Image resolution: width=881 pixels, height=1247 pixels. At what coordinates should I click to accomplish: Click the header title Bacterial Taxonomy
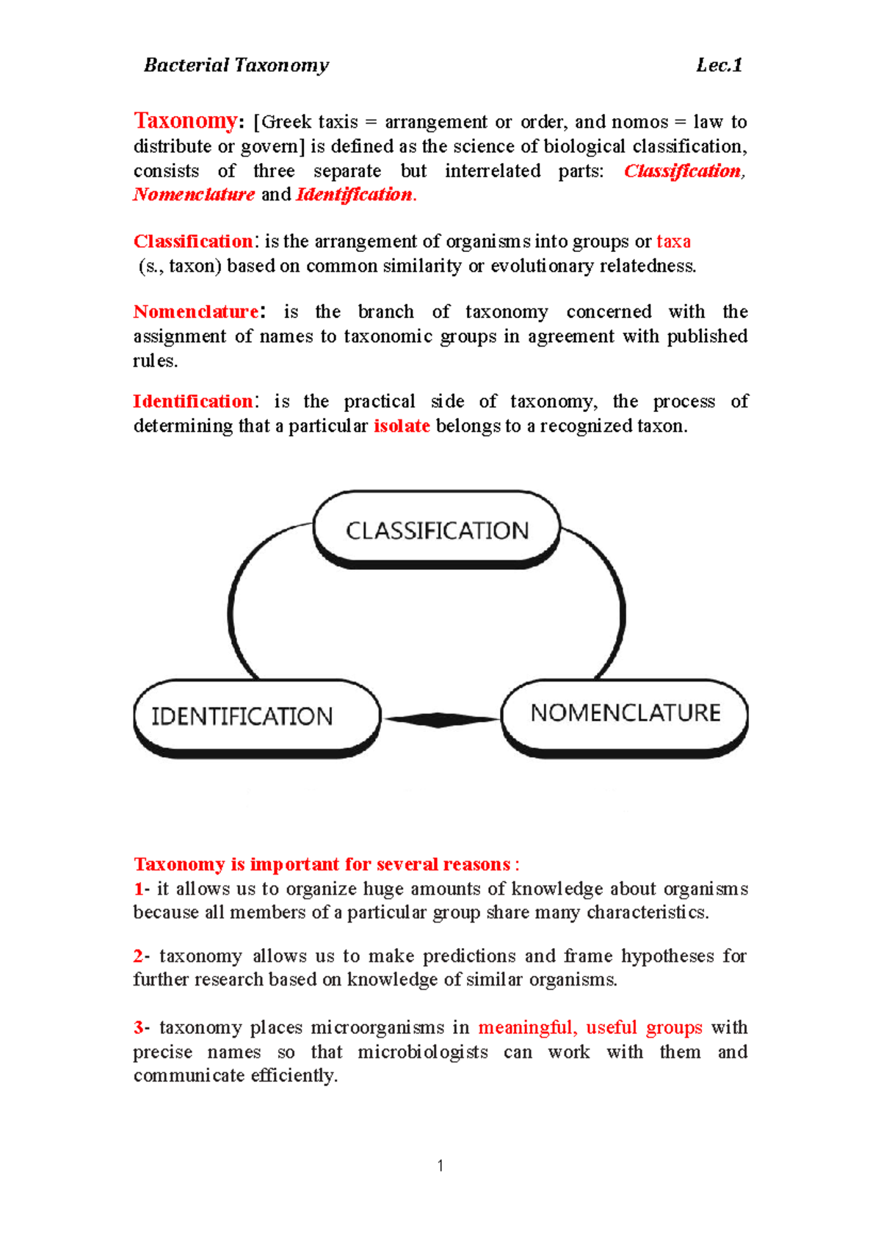coord(236,65)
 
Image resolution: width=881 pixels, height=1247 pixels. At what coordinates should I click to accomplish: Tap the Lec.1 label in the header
coord(719,65)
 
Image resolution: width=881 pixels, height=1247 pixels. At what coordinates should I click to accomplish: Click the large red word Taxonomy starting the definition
coord(185,120)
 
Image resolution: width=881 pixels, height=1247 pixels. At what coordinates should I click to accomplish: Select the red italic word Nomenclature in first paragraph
coord(194,195)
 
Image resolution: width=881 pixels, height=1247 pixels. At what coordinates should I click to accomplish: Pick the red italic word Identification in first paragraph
coord(355,195)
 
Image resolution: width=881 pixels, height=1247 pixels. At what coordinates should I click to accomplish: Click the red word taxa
coord(673,242)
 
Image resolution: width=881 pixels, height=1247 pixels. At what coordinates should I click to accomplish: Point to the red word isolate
coord(402,426)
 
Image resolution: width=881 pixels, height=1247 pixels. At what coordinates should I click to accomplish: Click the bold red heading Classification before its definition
coord(193,242)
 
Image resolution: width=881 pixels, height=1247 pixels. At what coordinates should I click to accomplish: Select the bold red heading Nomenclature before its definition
coord(195,312)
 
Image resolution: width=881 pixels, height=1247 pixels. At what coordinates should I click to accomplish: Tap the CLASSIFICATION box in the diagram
coord(437,530)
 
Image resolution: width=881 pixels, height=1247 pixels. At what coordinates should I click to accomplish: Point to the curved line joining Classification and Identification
coord(236,588)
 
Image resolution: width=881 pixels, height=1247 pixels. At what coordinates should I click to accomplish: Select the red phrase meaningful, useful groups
coord(590,1027)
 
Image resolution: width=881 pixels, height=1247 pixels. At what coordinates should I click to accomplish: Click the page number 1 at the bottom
coord(440,1165)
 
